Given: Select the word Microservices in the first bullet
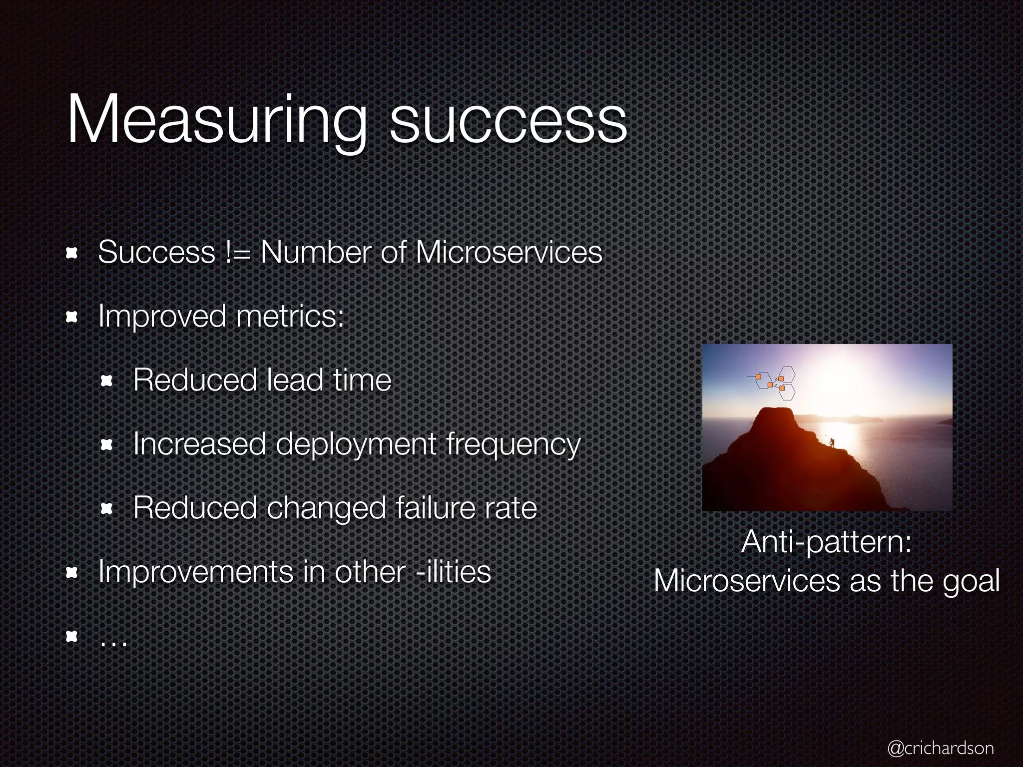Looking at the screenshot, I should point(509,253).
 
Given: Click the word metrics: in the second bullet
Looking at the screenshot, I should point(290,317).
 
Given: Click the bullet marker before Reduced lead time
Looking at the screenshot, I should point(106,382).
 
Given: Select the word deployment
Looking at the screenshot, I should point(356,444).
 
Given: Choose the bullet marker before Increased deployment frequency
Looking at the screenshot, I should point(106,445).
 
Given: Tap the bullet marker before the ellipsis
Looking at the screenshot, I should point(71,637).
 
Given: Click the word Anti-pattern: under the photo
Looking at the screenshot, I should point(827,542).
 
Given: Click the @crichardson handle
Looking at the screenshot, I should point(940,748).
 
